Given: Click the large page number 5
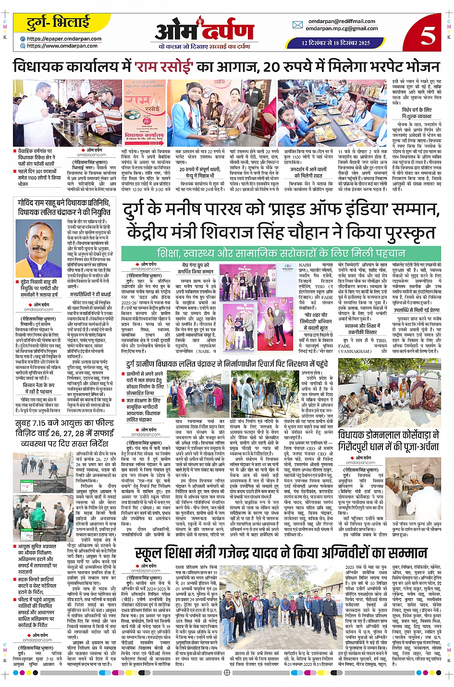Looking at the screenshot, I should point(427,35).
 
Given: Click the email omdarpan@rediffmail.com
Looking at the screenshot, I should point(342,21).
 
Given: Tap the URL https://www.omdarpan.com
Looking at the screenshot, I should point(62,46).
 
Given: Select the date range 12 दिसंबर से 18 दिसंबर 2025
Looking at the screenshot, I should point(336,43).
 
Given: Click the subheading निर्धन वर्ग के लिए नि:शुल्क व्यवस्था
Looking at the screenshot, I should point(417,113).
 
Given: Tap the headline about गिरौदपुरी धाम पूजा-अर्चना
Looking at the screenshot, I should point(388,441).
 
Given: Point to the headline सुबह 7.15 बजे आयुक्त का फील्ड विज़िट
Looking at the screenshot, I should point(65,433).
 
